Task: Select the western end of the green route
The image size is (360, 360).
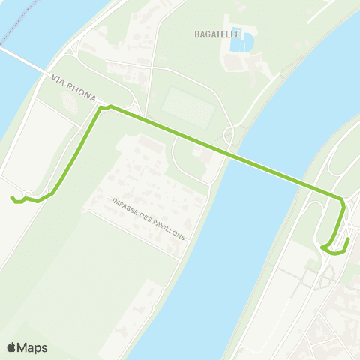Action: [11, 198]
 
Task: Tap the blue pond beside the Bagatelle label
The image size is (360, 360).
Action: [240, 43]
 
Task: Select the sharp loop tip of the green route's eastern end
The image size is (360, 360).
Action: [322, 247]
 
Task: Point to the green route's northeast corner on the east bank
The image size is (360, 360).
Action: [342, 199]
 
